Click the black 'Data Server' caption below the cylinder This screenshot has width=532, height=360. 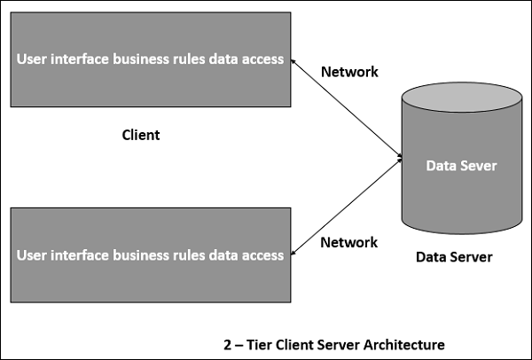(454, 257)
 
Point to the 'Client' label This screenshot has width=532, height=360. (140, 136)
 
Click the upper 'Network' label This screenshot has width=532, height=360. (349, 72)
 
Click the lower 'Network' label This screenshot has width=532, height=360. (349, 242)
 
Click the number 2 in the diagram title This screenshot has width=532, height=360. (229, 343)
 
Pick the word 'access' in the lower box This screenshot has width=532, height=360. (263, 254)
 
